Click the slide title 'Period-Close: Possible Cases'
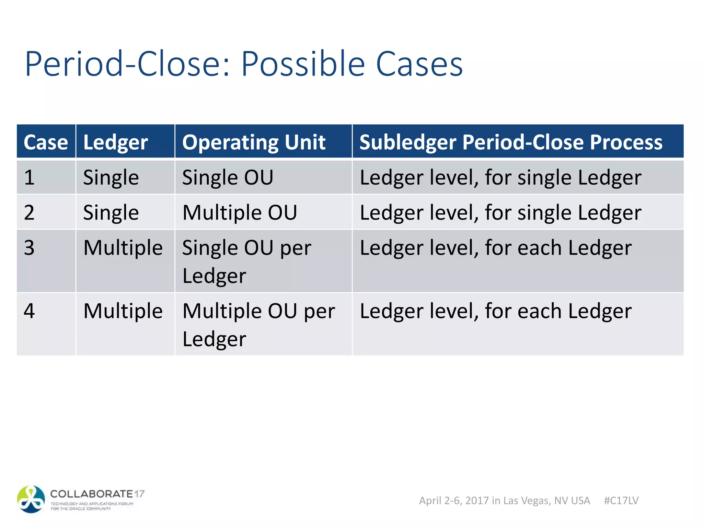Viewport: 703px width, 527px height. tap(244, 64)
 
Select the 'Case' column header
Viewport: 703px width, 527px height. tap(46, 142)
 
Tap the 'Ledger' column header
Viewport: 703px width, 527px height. tap(115, 142)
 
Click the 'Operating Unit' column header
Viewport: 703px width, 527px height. tap(254, 142)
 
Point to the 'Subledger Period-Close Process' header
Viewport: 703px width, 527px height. tap(511, 142)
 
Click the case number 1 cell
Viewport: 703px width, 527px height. tap(30, 177)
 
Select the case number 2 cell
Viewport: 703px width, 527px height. tap(30, 212)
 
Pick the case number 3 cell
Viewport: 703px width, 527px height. tap(30, 248)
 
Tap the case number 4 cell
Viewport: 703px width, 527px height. tap(30, 311)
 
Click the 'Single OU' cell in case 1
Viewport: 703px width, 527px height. tap(228, 177)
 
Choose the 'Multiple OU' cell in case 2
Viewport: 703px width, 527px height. tap(240, 212)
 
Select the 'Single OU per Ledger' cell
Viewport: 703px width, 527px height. tap(246, 261)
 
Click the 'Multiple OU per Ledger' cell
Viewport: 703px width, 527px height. tap(258, 325)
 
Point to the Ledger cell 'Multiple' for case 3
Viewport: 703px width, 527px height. tap(123, 248)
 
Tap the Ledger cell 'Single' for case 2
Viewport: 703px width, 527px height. tap(111, 212)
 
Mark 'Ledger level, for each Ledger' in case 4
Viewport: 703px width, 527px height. tap(495, 311)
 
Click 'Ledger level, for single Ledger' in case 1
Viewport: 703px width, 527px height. tap(500, 177)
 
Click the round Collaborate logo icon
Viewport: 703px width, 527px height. tap(31, 499)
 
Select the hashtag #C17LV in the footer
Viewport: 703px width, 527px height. tap(621, 501)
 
